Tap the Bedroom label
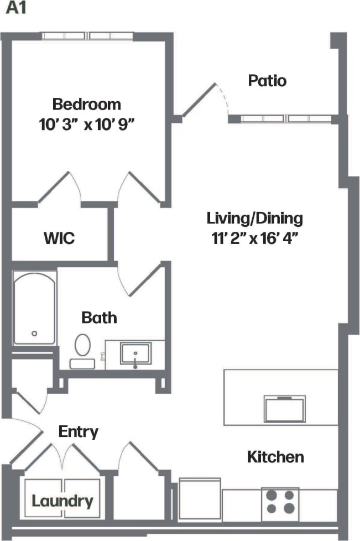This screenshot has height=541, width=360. (x=86, y=104)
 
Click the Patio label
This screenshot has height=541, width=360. (x=267, y=81)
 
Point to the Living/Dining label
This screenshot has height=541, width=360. (x=255, y=218)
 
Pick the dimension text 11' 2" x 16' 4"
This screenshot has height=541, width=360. (x=255, y=238)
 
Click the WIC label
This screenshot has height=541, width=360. (x=59, y=239)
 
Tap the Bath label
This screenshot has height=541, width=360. (x=100, y=318)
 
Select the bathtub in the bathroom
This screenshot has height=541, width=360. (x=34, y=308)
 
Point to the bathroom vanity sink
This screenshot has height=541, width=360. (x=135, y=353)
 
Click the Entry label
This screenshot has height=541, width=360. (x=79, y=431)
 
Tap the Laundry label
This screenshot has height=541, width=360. (x=62, y=501)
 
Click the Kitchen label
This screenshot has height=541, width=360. (x=275, y=457)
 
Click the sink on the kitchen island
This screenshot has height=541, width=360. (x=285, y=409)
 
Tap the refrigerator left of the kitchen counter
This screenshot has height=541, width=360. (x=200, y=499)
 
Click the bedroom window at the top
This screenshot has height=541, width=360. (x=87, y=36)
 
